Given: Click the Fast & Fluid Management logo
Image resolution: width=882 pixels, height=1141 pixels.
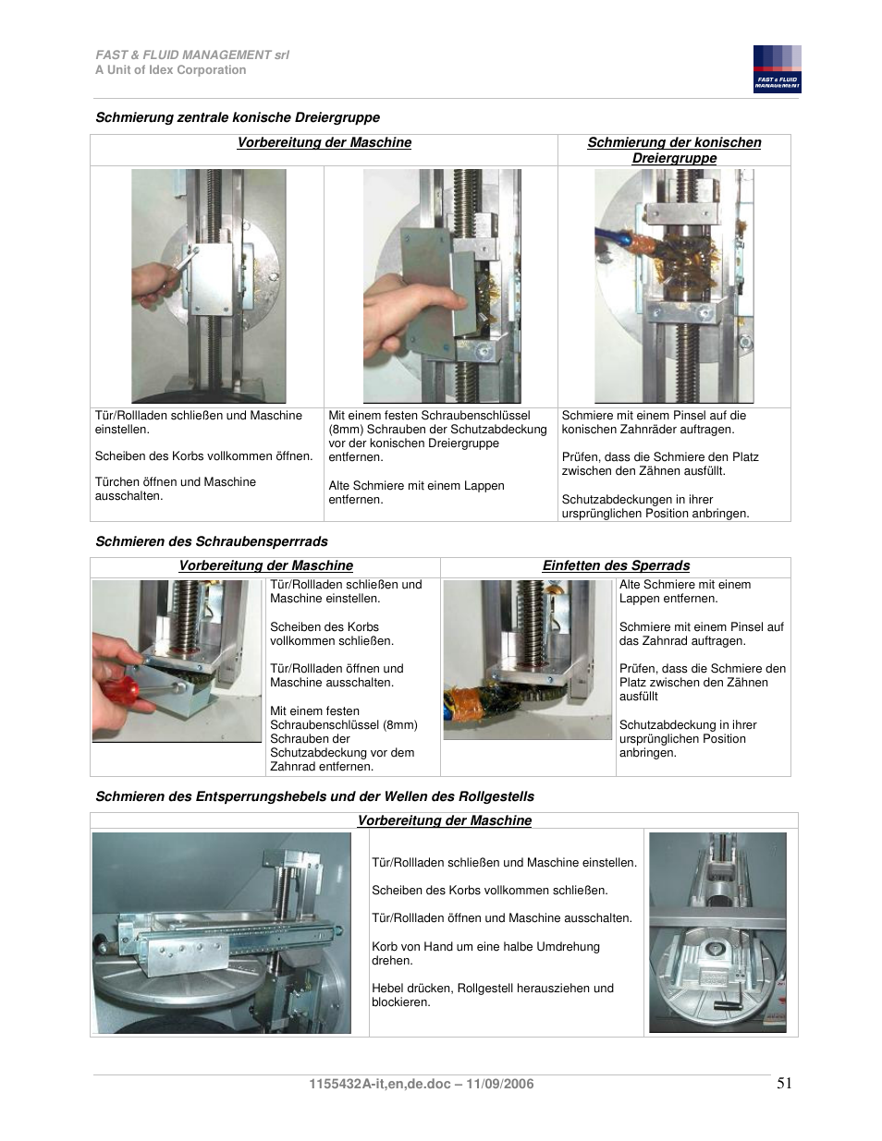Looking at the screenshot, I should (777, 69).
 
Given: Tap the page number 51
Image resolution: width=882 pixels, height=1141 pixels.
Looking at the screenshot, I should (784, 1083).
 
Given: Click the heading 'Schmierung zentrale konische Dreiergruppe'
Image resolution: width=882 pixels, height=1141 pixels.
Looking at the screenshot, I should (238, 117).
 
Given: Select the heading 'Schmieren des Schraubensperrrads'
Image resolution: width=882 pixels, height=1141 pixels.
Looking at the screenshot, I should (212, 541).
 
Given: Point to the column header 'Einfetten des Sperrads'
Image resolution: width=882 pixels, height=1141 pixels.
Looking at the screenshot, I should (616, 565).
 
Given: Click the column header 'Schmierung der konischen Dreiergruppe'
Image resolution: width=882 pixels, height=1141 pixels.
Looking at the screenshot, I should (674, 150).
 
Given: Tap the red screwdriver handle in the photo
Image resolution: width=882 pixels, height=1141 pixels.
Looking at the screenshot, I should (120, 689).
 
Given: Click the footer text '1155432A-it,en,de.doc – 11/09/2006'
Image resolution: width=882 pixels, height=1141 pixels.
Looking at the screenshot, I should (421, 1084).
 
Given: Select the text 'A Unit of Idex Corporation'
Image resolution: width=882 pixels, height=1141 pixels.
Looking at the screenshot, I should (171, 70).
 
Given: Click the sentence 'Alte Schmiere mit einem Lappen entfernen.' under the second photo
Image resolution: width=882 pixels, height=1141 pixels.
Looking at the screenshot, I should (416, 492).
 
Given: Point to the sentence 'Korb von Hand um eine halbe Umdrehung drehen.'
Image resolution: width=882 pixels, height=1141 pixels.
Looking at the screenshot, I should (485, 953).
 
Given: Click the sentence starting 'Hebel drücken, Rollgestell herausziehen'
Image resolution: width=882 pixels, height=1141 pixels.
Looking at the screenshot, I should (492, 995).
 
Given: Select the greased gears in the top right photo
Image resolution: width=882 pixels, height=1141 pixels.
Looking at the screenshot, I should (674, 253).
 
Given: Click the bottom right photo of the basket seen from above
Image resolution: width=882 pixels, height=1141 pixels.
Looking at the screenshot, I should (717, 933).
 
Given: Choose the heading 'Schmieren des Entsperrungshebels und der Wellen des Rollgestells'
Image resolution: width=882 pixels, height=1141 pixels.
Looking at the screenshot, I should (314, 796).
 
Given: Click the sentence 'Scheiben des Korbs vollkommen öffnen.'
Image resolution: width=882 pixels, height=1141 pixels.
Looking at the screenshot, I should (203, 456).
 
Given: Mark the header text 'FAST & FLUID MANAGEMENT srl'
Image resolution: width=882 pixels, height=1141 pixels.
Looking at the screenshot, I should (192, 55).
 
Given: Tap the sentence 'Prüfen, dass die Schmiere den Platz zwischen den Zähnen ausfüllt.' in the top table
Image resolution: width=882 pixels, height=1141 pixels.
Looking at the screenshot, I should (660, 464).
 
